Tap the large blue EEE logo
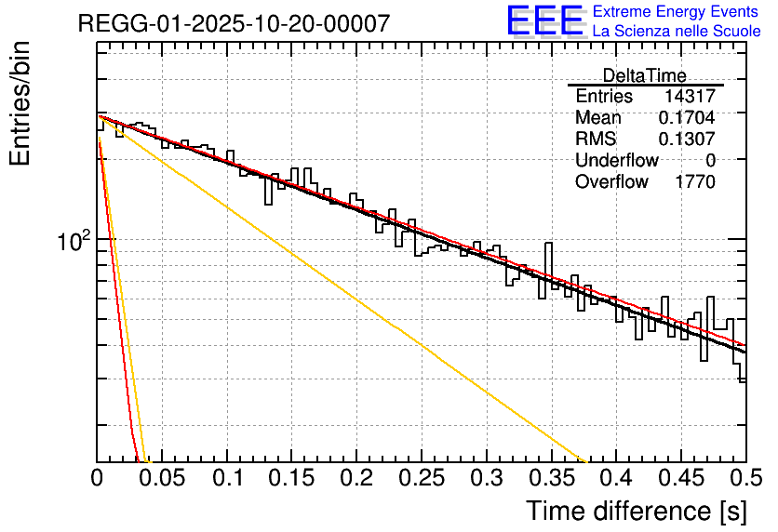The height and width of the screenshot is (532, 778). [x=545, y=20]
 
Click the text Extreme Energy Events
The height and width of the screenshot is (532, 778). [x=677, y=12]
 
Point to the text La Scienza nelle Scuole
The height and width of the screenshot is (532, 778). [x=677, y=32]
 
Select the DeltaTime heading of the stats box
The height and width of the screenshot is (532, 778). [x=644, y=75]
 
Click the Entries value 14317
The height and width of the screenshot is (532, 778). [x=690, y=97]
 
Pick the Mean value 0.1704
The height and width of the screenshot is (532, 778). [x=687, y=118]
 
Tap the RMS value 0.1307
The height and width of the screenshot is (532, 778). [x=687, y=140]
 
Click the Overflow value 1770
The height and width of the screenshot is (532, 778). [x=694, y=182]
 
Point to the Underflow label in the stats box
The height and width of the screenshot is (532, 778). [x=617, y=161]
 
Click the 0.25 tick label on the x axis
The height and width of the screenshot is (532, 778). [x=422, y=479]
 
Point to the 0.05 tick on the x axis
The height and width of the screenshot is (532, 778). [x=162, y=479]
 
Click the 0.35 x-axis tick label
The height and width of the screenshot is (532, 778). [x=551, y=479]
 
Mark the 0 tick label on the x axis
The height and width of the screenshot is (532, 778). [x=98, y=479]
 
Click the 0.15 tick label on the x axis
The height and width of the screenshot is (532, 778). [x=292, y=479]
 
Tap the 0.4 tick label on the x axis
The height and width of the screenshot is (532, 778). [x=616, y=479]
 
